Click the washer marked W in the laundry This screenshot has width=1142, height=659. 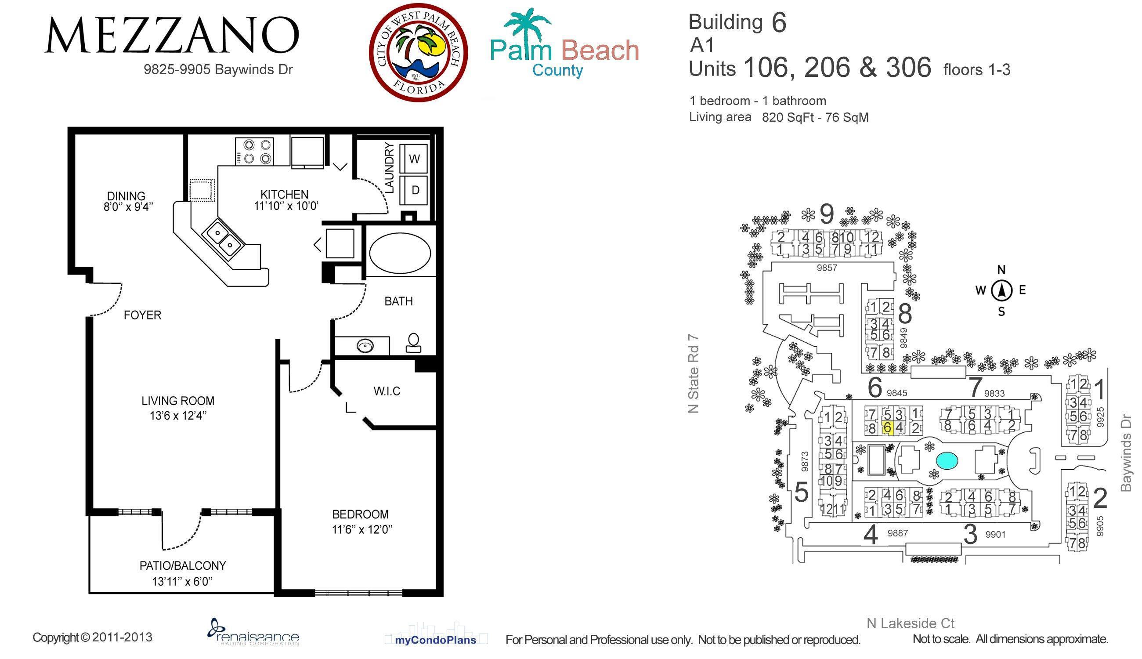[414, 158]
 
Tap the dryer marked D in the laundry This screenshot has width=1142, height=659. [414, 190]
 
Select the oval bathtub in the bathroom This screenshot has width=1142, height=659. [400, 253]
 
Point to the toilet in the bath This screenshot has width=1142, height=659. [413, 343]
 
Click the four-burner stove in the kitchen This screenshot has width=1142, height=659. [254, 152]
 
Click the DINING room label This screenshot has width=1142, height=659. [126, 196]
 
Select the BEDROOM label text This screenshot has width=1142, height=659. [360, 514]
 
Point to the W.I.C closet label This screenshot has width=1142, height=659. [387, 391]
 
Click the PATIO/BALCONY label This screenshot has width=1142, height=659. [182, 565]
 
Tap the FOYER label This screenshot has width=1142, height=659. [142, 315]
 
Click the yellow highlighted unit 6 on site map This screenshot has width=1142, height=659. [887, 428]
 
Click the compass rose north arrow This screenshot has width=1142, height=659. [1002, 290]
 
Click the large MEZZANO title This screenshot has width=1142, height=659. [172, 35]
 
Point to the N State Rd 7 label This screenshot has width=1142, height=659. [693, 374]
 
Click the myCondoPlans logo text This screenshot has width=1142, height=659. [435, 640]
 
